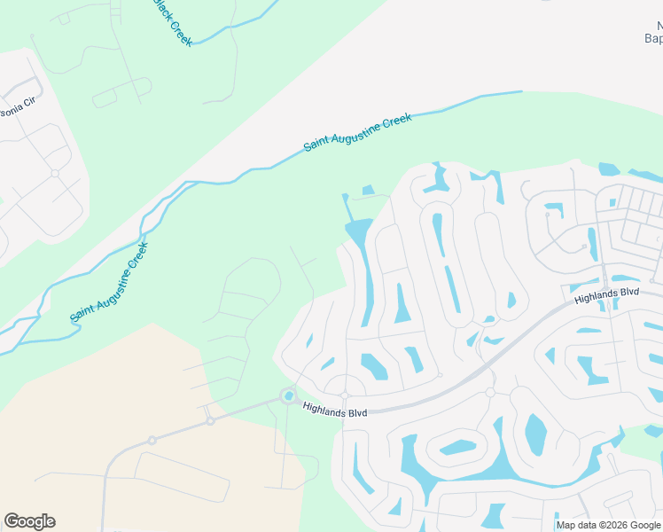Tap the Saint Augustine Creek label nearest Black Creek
point(358,132)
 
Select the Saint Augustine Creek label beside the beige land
point(109,282)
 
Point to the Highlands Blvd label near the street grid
point(606,296)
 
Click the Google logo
point(29,521)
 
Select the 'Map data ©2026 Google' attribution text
point(609,525)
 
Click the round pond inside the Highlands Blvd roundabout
point(289,395)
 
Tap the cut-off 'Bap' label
point(652,38)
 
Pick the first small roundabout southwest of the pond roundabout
point(211,421)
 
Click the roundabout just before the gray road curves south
point(152,440)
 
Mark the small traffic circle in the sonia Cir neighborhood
point(55,173)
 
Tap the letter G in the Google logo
point(12,521)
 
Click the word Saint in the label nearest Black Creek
point(319,142)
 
